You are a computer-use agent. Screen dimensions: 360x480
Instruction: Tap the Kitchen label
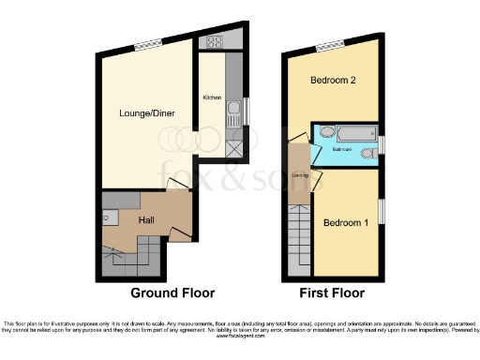211,97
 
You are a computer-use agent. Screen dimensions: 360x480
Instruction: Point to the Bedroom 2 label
333,81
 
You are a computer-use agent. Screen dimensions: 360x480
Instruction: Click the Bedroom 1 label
346,223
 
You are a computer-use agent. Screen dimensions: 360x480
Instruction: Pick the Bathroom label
342,150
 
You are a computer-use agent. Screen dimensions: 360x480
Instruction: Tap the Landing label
300,175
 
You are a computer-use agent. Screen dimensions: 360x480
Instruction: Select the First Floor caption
332,292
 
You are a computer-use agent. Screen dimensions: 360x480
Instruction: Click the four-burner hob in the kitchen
214,41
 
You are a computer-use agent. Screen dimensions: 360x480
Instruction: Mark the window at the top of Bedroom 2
328,46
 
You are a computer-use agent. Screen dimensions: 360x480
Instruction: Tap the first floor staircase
299,239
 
